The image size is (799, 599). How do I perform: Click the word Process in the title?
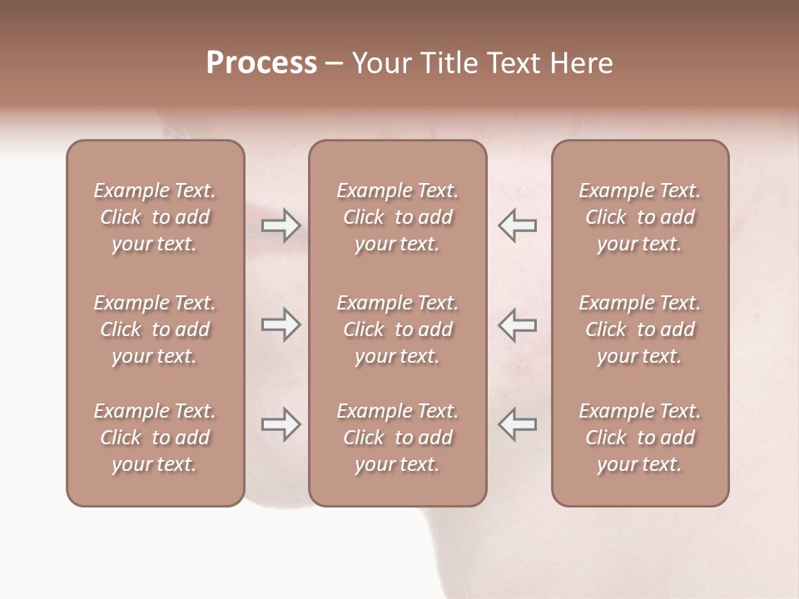(261, 63)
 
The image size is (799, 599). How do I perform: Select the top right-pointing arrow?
(280, 225)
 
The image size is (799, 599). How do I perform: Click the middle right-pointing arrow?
(280, 324)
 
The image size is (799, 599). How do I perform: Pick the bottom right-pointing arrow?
(280, 424)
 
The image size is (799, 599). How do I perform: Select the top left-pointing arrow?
(518, 225)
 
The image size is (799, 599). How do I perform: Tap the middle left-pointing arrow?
(518, 324)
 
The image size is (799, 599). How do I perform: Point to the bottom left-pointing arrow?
(518, 424)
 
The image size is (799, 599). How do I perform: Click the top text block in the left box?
(155, 217)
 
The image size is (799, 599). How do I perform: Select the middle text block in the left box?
(155, 329)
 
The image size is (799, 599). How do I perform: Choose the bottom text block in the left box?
(155, 438)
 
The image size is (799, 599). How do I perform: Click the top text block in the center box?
(397, 217)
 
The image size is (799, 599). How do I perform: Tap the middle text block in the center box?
(397, 329)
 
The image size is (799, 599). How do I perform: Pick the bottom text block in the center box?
(397, 438)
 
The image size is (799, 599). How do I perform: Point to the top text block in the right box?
(639, 217)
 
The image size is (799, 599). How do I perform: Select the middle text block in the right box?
(639, 329)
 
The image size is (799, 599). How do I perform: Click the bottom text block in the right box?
(639, 438)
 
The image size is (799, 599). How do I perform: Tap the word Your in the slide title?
(379, 63)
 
